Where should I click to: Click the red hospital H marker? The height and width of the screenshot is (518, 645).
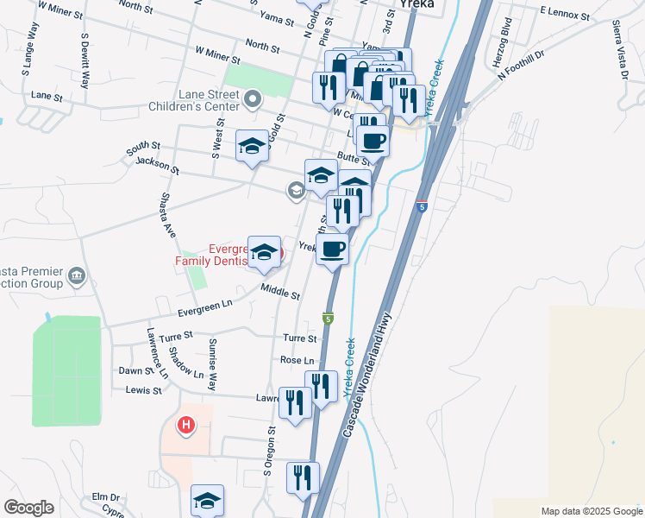(185, 425)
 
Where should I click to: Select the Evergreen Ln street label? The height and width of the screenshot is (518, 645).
(205, 304)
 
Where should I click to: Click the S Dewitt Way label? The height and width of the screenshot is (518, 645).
(85, 60)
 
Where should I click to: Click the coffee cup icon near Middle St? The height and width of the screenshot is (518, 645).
(332, 250)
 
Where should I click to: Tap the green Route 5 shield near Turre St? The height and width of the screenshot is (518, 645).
(329, 318)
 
